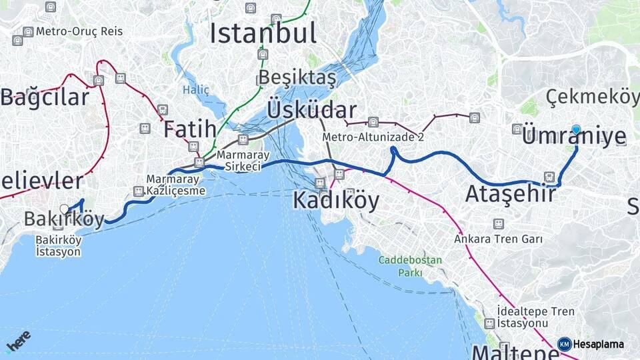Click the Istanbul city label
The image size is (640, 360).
click(263, 33)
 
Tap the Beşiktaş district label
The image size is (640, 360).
click(297, 78)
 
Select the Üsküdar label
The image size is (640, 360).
click(311, 110)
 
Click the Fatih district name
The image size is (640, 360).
click(190, 129)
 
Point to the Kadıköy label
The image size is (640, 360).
click(336, 200)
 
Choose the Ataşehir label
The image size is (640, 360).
click(510, 194)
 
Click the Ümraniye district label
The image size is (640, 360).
click(574, 137)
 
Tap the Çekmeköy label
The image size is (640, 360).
click(592, 97)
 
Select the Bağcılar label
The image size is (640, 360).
click(45, 97)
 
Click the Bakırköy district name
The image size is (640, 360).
click(65, 219)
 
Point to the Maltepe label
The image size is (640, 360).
click(514, 351)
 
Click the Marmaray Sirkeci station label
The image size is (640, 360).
click(243, 161)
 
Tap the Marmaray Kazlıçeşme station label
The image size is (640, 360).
click(176, 185)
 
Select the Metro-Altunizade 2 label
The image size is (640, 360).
click(373, 137)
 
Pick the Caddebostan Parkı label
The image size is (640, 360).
click(410, 266)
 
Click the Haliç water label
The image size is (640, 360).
click(196, 90)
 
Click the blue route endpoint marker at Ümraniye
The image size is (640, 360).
click(576, 130)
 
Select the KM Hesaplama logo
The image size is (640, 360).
click(591, 344)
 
